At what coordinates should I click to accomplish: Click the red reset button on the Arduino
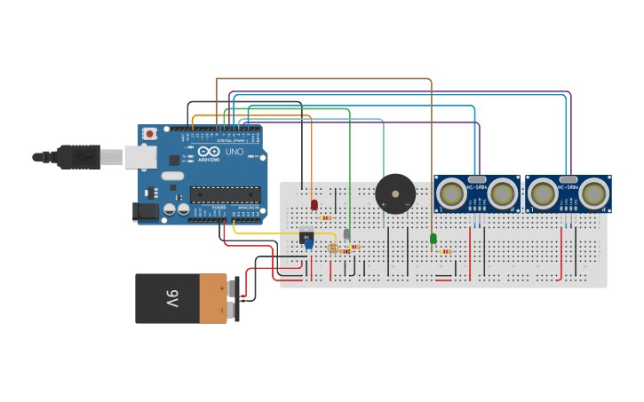click(x=150, y=134)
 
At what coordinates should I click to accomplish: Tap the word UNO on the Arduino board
click(x=235, y=152)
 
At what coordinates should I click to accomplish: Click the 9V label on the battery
click(x=171, y=297)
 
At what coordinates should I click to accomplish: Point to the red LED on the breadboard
click(x=314, y=205)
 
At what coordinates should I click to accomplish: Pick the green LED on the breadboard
click(x=433, y=238)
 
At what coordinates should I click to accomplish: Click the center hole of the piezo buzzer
click(x=395, y=193)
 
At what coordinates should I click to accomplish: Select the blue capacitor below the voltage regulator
click(x=309, y=244)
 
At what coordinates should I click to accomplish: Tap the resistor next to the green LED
click(x=446, y=251)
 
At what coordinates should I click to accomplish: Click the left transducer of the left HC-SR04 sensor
click(x=452, y=193)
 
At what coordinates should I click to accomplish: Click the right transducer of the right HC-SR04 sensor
click(x=593, y=193)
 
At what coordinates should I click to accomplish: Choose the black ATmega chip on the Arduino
click(x=225, y=194)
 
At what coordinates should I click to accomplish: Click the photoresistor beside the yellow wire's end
click(x=333, y=248)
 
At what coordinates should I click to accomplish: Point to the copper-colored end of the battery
click(x=213, y=298)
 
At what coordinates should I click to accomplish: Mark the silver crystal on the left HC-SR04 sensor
click(x=477, y=179)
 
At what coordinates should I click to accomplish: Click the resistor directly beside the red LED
click(x=326, y=217)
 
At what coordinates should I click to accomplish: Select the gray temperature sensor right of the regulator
click(x=346, y=233)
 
